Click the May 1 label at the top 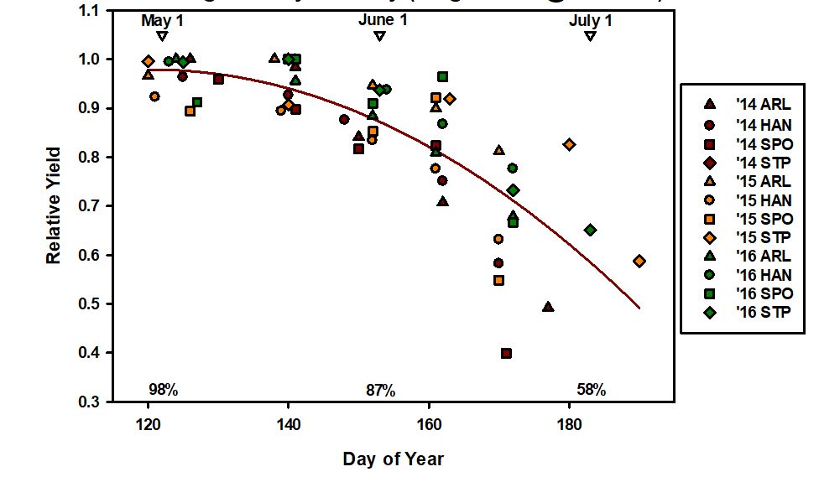tap(162, 19)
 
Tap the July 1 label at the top tap(591, 19)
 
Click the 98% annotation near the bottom tap(163, 390)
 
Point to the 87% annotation tap(380, 390)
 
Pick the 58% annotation tap(591, 390)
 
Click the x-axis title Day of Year tap(393, 459)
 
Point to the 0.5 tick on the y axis tap(87, 303)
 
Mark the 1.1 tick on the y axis tap(87, 11)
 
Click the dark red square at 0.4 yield tap(506, 354)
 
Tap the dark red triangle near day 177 tap(548, 307)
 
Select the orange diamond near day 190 tap(639, 262)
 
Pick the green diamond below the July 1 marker tap(590, 230)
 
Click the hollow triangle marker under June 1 tap(379, 36)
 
